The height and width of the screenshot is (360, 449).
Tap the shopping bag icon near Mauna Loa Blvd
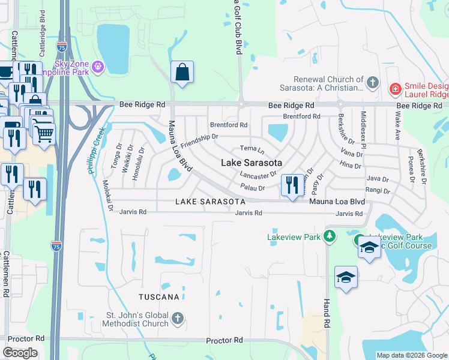[181, 73]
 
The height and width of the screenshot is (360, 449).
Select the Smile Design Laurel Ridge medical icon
[395, 89]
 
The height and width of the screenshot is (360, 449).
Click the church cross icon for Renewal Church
[372, 82]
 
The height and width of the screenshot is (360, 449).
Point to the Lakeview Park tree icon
[328, 236]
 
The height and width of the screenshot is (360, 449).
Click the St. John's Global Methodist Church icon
[177, 318]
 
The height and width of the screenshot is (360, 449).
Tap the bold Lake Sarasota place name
[252, 163]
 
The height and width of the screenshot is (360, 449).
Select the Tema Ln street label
[252, 148]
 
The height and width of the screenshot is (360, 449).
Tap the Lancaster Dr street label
[258, 175]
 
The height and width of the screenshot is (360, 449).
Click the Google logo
[20, 353]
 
